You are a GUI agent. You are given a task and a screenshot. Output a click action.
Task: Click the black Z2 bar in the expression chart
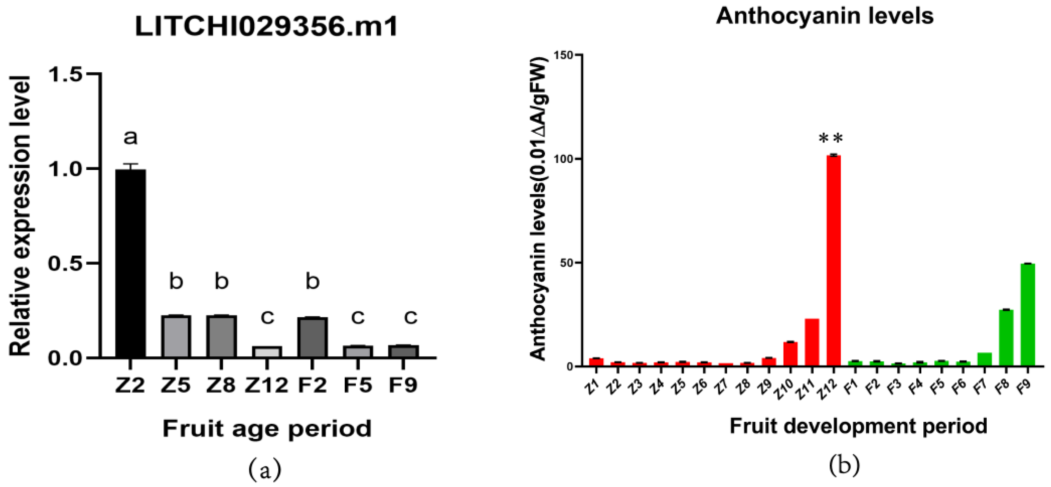click(x=131, y=263)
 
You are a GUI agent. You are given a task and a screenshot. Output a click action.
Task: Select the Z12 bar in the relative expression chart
click(x=267, y=352)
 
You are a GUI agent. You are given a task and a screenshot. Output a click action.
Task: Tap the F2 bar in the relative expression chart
click(x=312, y=338)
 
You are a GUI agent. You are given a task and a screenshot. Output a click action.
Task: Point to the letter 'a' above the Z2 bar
click(x=131, y=137)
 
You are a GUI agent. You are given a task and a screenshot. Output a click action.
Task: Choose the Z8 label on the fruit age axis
click(x=221, y=385)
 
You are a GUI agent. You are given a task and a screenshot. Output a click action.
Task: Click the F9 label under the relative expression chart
click(x=403, y=385)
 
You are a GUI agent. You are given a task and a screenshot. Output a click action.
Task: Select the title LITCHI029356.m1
click(x=266, y=27)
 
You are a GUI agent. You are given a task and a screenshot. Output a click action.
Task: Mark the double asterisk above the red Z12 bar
click(x=831, y=139)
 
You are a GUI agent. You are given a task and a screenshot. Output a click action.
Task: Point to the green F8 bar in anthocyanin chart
click(x=1006, y=338)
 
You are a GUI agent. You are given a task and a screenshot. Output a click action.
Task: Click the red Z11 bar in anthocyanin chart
click(x=812, y=342)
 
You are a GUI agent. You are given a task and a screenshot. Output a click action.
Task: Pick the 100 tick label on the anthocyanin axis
click(x=563, y=159)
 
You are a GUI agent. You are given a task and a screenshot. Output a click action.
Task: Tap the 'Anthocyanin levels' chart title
click(x=825, y=16)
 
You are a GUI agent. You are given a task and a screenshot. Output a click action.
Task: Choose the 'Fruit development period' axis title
click(x=858, y=426)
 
